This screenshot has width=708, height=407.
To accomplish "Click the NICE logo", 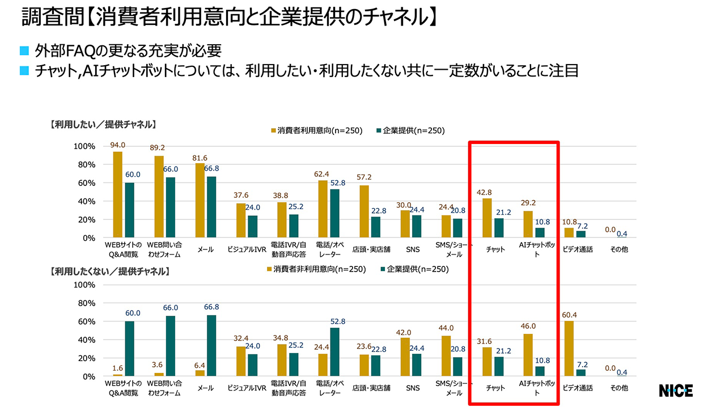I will [x=676, y=391].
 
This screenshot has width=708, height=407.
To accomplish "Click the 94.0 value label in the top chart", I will [x=117, y=145].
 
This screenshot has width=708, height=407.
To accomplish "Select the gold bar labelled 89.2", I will [x=159, y=197].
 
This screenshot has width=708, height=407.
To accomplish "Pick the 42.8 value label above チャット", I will [x=487, y=192].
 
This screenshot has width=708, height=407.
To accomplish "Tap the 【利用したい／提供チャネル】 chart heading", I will [x=103, y=124].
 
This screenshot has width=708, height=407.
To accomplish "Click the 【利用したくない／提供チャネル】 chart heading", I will [x=109, y=271].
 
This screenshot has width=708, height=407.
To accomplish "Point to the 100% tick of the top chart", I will [x=84, y=146].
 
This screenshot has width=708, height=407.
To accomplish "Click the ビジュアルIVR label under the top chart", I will [x=247, y=249].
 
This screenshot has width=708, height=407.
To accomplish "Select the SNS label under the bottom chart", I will [x=412, y=388].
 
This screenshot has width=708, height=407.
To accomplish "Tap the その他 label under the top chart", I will [x=619, y=249].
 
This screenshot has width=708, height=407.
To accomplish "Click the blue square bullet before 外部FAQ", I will [x=24, y=52].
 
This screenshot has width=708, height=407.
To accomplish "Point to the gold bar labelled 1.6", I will [x=117, y=375].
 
